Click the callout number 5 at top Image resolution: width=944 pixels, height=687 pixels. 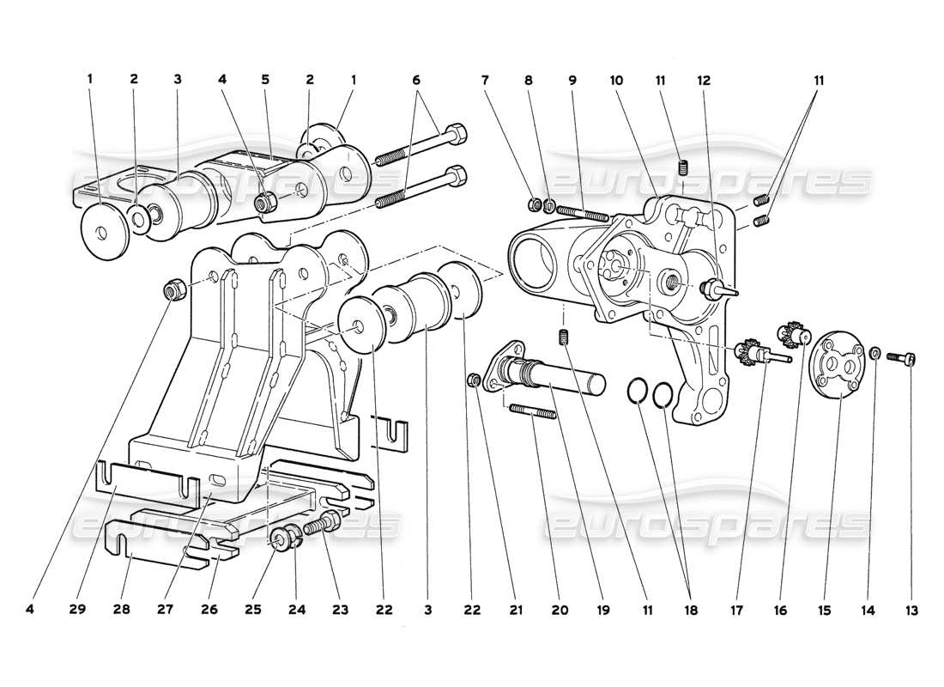tap(265, 79)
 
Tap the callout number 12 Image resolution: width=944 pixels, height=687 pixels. tap(704, 80)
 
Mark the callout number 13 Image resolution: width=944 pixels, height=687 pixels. tap(911, 611)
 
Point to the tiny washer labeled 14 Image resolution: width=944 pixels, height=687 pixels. tap(874, 352)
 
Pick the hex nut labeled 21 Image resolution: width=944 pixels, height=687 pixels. tap(473, 380)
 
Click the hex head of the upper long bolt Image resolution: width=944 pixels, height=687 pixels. tap(457, 134)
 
